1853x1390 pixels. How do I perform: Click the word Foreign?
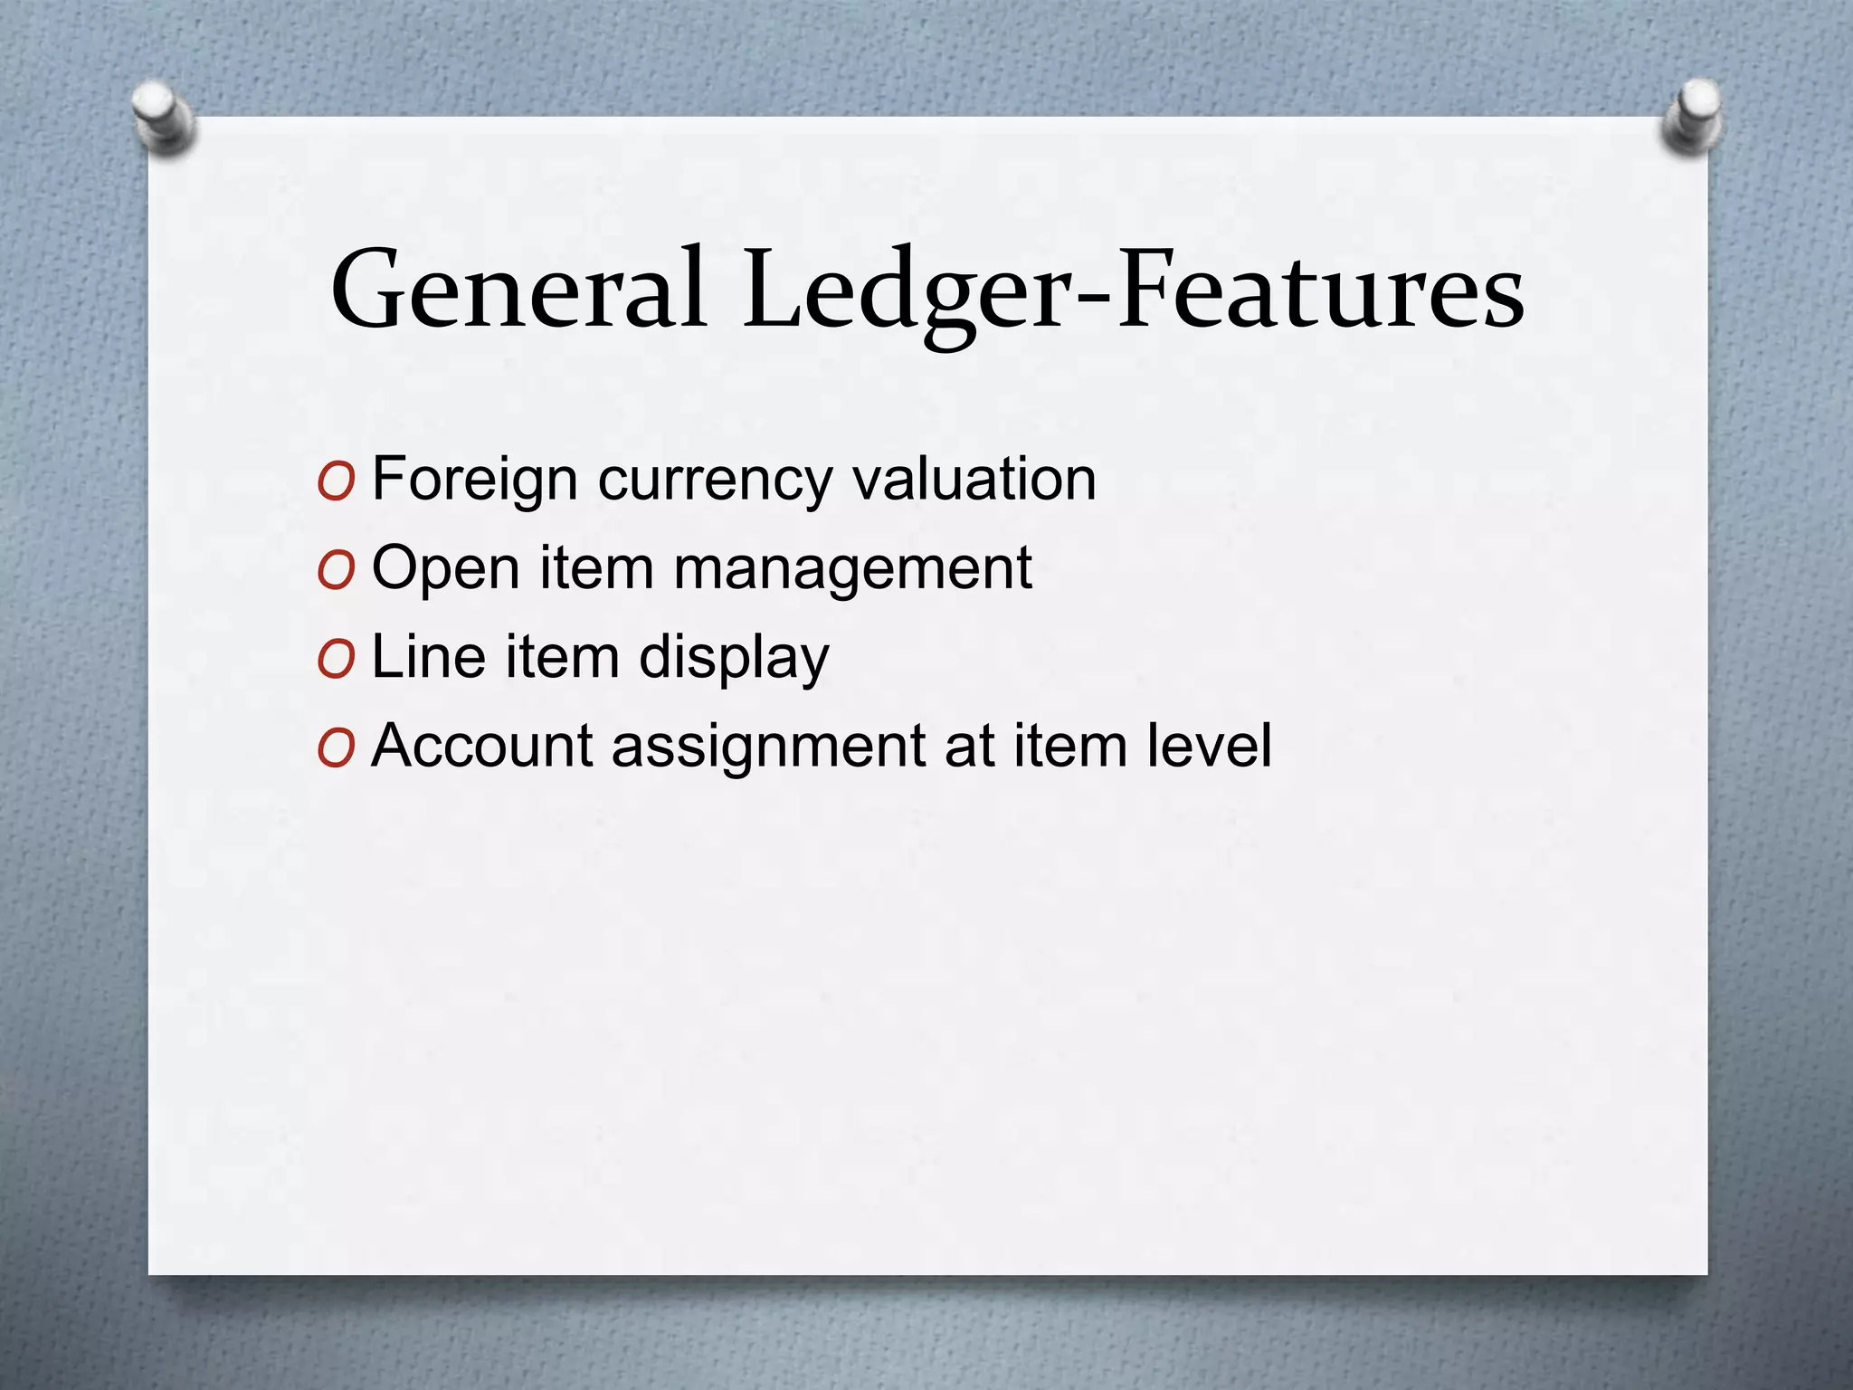[x=474, y=480]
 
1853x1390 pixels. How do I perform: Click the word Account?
[x=480, y=746]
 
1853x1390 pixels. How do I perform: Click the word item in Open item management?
[x=596, y=568]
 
